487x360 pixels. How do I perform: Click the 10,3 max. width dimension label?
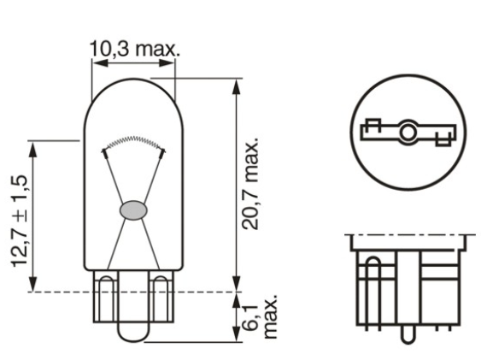point(134,49)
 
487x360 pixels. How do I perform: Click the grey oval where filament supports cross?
point(134,208)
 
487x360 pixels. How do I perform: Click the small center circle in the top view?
point(408,133)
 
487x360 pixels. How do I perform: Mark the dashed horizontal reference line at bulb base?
point(128,292)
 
